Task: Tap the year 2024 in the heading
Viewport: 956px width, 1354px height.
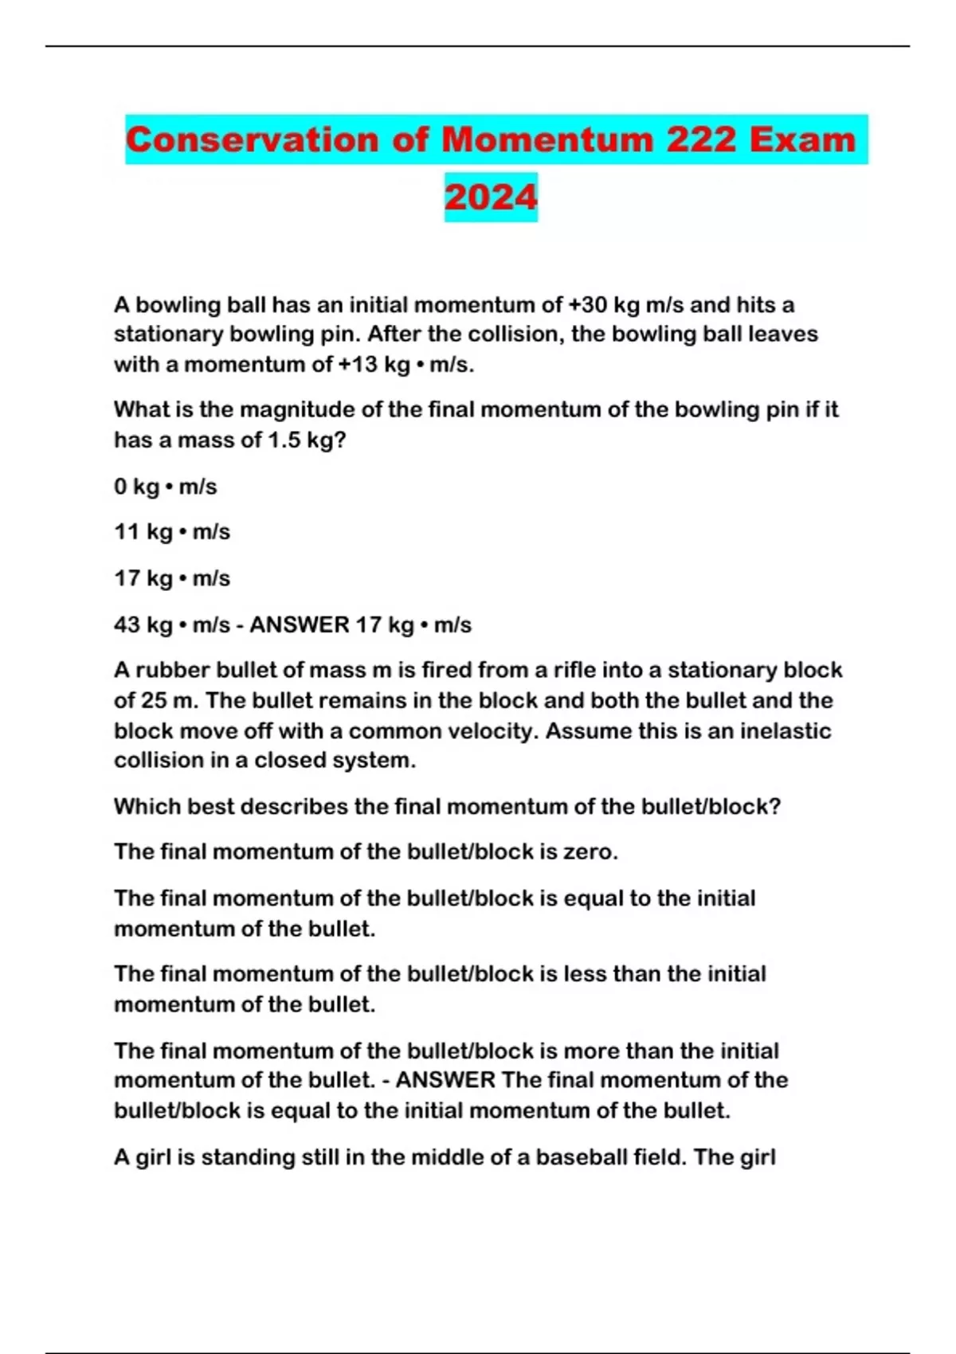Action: coord(491,198)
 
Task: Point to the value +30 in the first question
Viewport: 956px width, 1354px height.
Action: coord(586,305)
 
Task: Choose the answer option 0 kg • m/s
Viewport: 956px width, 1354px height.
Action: coord(165,487)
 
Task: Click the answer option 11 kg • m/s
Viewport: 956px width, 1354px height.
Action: coord(171,532)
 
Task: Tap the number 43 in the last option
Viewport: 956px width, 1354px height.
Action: coord(127,625)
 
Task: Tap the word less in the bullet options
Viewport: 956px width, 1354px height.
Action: coord(583,974)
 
